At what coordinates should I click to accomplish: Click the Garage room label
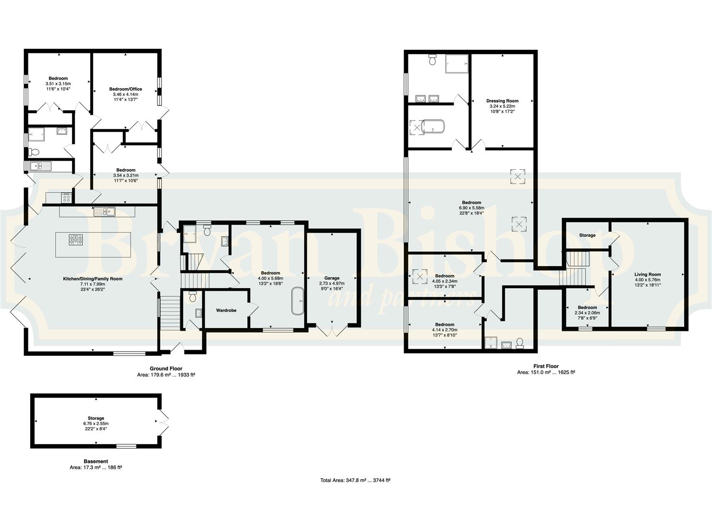(331, 278)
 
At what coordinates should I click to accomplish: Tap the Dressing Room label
(502, 101)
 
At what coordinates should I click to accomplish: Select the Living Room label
(647, 274)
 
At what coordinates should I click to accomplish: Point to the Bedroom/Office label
(126, 89)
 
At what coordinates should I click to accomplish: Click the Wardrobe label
(226, 310)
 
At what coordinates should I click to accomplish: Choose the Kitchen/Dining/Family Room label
(93, 279)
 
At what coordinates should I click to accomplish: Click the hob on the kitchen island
(76, 239)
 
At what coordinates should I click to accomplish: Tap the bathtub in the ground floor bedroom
(298, 301)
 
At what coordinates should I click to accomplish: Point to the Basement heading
(96, 461)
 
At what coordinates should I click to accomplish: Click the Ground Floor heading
(166, 368)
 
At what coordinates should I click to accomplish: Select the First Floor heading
(546, 366)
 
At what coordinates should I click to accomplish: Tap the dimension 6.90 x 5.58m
(471, 208)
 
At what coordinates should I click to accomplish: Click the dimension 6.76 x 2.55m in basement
(96, 424)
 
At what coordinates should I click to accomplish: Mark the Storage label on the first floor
(587, 235)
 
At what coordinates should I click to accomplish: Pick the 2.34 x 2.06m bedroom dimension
(587, 313)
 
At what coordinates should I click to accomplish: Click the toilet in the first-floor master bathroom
(432, 59)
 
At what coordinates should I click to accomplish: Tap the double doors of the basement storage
(163, 422)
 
